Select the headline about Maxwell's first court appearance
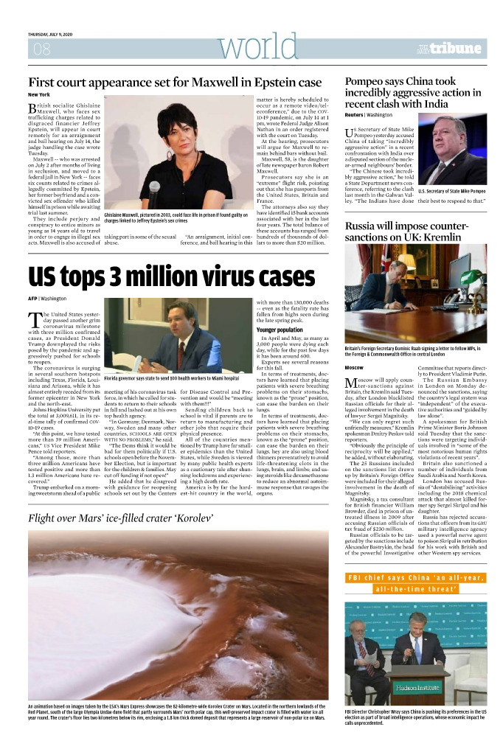[x=175, y=82]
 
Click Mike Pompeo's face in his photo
[x=452, y=142]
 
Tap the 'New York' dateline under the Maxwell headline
[x=38, y=95]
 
